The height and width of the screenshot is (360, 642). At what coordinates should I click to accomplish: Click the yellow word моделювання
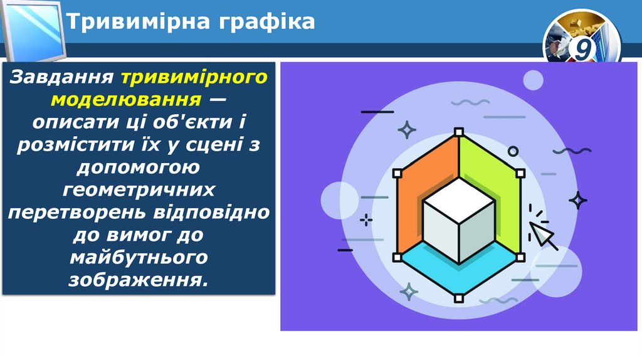(126, 99)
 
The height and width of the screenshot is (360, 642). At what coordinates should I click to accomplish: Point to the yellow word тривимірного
(194, 78)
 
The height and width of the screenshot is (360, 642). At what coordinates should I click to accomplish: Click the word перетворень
(76, 211)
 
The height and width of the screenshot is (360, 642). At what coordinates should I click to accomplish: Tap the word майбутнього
(139, 257)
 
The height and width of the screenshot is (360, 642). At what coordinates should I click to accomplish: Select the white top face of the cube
(458, 200)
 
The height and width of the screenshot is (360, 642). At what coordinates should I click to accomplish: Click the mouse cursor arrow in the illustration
(543, 235)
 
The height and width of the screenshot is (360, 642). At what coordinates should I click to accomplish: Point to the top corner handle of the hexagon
(459, 132)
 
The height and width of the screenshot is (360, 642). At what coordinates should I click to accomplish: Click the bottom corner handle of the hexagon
(459, 298)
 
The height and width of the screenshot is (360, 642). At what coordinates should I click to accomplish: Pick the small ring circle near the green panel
(513, 151)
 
